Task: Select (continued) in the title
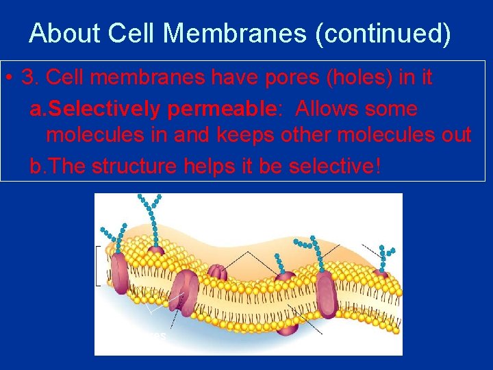(383, 33)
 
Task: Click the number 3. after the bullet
(29, 78)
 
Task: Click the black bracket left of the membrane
(98, 264)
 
